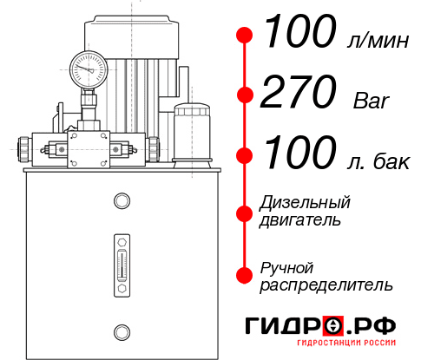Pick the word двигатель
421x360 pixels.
pyautogui.click(x=300, y=220)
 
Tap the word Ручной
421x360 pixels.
pyautogui.click(x=287, y=266)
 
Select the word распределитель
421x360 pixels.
pyautogui.click(x=326, y=285)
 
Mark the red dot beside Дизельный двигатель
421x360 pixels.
pyautogui.click(x=245, y=211)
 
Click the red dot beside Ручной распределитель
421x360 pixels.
pyautogui.click(x=245, y=274)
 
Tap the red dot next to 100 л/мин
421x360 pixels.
pyautogui.click(x=245, y=36)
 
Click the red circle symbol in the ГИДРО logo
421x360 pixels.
pyautogui.click(x=334, y=327)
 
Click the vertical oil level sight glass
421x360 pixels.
pyautogui.click(x=121, y=259)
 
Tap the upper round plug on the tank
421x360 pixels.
pyautogui.click(x=121, y=201)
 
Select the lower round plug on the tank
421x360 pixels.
pyautogui.click(x=121, y=331)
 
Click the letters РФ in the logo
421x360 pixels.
pyautogui.click(x=375, y=327)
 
